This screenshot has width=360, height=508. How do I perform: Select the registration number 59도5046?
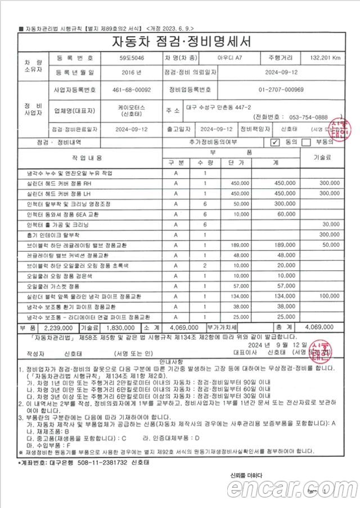[x=131, y=58]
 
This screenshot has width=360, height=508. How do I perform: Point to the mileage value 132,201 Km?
[x=325, y=58]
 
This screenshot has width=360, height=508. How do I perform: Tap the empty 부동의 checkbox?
[x=306, y=142]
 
